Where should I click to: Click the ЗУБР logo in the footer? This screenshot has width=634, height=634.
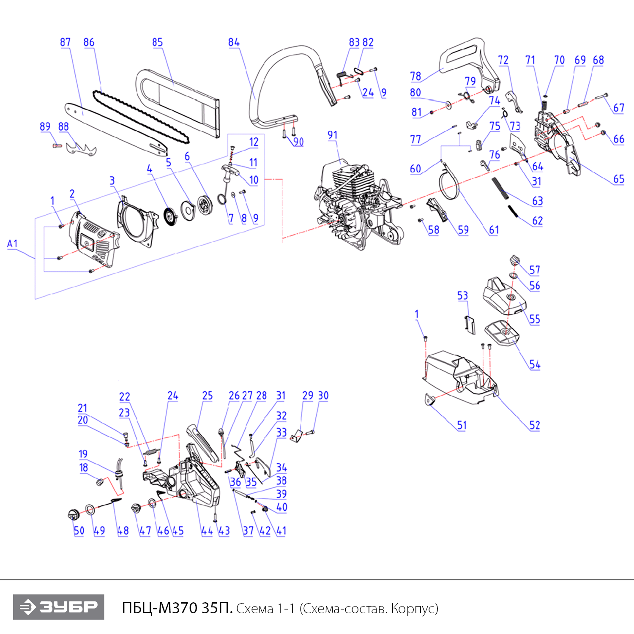pyautogui.click(x=58, y=607)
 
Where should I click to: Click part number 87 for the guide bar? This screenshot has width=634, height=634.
pyautogui.click(x=65, y=42)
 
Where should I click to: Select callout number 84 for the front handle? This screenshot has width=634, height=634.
pyautogui.click(x=233, y=42)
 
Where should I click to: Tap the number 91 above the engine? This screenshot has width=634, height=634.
pyautogui.click(x=333, y=135)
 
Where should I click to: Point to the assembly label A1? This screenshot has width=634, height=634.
pyautogui.click(x=12, y=244)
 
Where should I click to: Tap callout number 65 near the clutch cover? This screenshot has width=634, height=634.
pyautogui.click(x=619, y=179)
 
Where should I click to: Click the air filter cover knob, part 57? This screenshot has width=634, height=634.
pyautogui.click(x=514, y=260)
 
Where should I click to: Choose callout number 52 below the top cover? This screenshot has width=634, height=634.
pyautogui.click(x=535, y=425)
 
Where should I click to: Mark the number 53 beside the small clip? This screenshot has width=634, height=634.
pyautogui.click(x=462, y=295)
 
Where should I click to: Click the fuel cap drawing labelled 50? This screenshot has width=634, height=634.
pyautogui.click(x=74, y=515)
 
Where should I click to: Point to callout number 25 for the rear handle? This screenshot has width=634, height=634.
pyautogui.click(x=207, y=396)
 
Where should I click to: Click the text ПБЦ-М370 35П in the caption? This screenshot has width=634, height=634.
pyautogui.click(x=177, y=608)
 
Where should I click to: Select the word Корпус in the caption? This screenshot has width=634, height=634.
pyautogui.click(x=413, y=609)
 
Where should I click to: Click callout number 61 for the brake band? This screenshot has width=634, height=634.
pyautogui.click(x=494, y=230)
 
